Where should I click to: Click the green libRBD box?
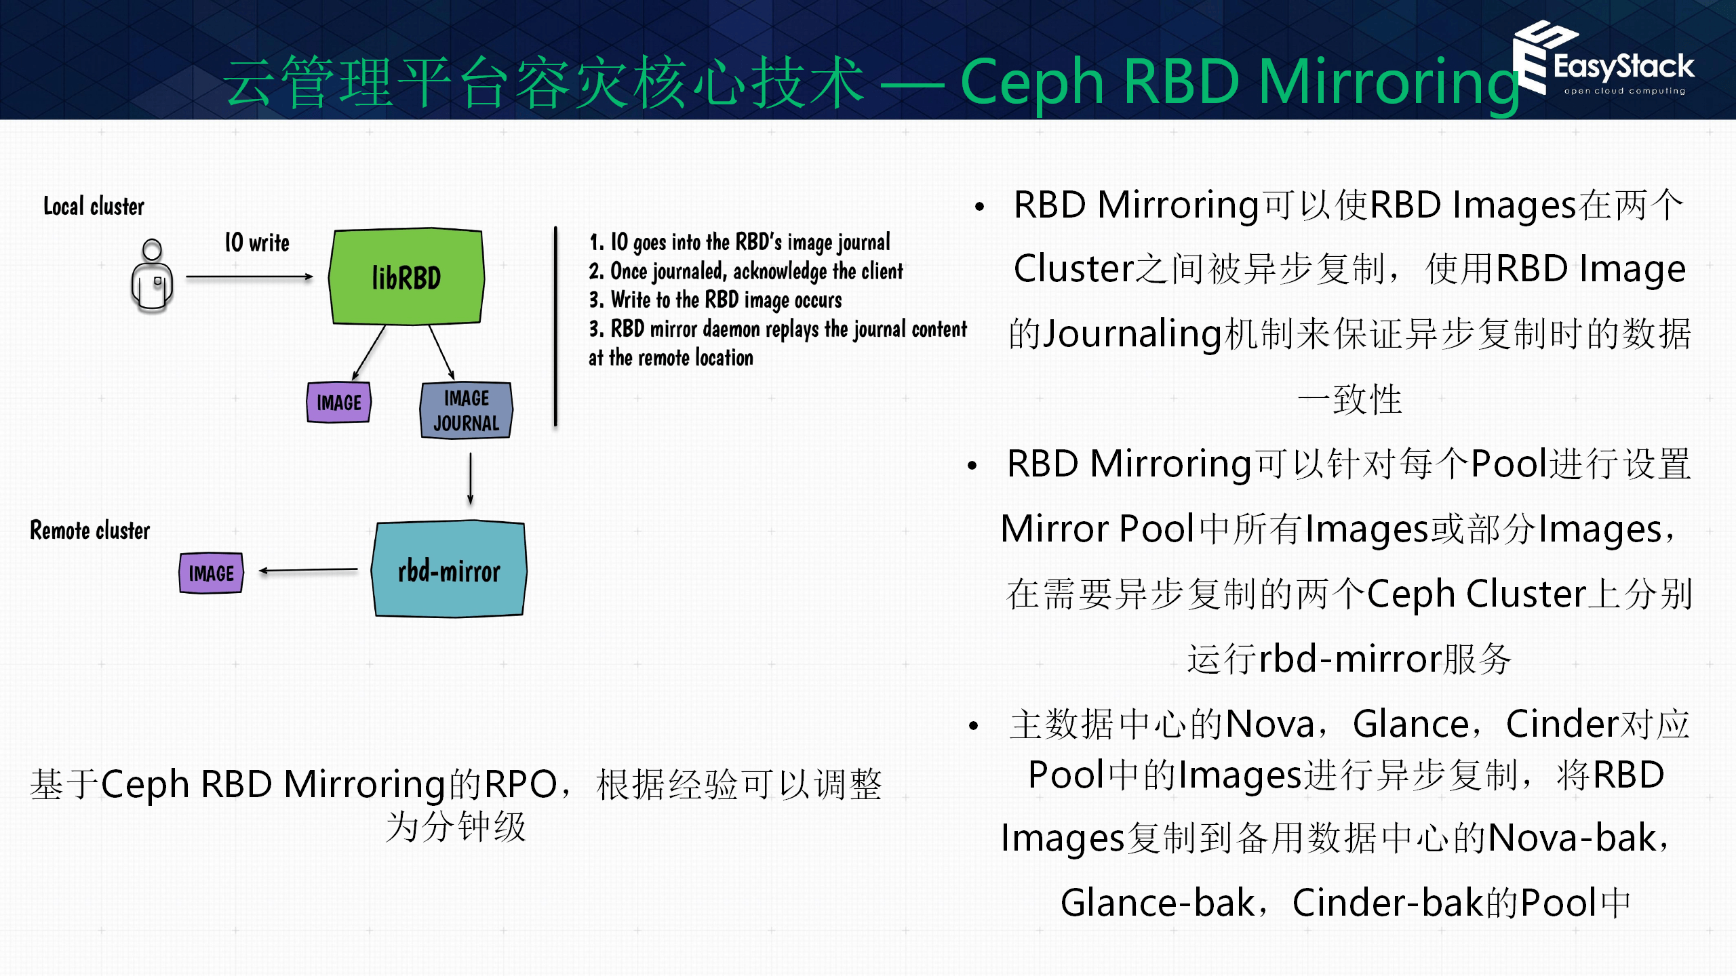pyautogui.click(x=406, y=277)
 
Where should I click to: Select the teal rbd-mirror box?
pyautogui.click(x=449, y=569)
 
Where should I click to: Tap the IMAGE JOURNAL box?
pyautogui.click(x=466, y=410)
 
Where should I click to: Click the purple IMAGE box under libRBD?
pyautogui.click(x=339, y=403)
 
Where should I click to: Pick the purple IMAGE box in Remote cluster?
pyautogui.click(x=211, y=573)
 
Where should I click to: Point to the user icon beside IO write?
pyautogui.click(x=152, y=275)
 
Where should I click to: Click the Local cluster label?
pyautogui.click(x=94, y=206)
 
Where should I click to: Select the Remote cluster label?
pyautogui.click(x=90, y=530)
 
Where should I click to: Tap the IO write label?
pyautogui.click(x=257, y=243)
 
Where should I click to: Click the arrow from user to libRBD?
pyautogui.click(x=249, y=277)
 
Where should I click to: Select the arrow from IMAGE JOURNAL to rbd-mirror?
pyautogui.click(x=470, y=479)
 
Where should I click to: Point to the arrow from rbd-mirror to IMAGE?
pyautogui.click(x=309, y=571)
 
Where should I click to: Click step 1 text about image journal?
pyautogui.click(x=739, y=242)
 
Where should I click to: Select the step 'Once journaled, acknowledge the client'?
pyautogui.click(x=746, y=271)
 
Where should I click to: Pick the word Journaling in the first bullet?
pyautogui.click(x=1132, y=334)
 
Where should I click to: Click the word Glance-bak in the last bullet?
pyautogui.click(x=1158, y=903)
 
